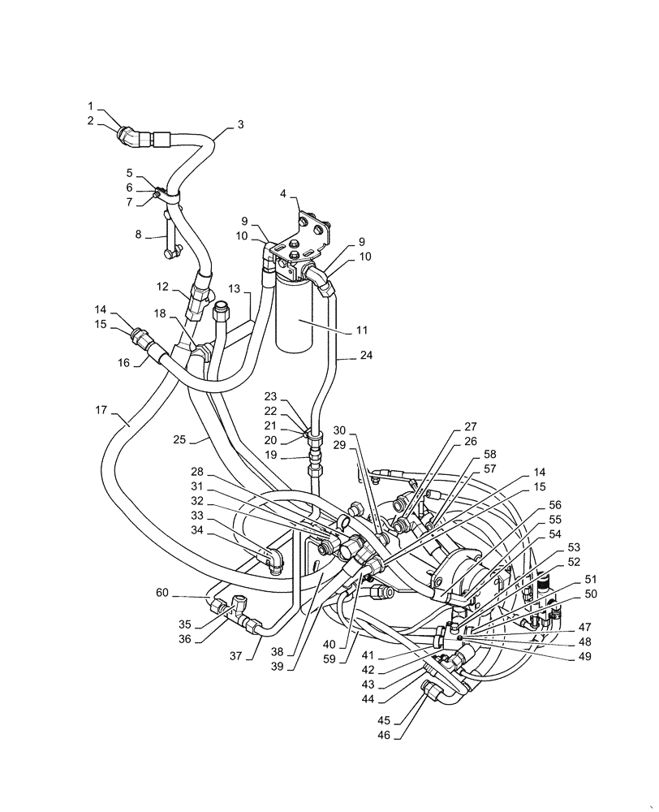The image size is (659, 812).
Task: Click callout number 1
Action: pos(92,106)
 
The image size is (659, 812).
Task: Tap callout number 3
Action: pos(240,124)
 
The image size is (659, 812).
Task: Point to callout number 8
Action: pos(139,235)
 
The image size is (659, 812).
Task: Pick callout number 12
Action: pos(162,287)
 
